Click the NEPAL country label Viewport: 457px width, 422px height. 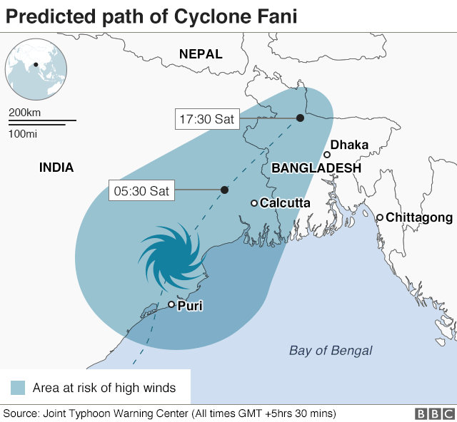[x=201, y=53]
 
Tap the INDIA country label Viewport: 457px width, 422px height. [x=56, y=168]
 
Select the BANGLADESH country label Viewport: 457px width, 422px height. [x=316, y=168]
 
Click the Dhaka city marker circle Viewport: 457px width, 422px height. [x=327, y=155]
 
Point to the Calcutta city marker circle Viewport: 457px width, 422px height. [x=253, y=203]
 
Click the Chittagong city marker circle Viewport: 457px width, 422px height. [x=380, y=217]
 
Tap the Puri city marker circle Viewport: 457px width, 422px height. [x=171, y=304]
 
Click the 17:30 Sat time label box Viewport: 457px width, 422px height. [x=207, y=119]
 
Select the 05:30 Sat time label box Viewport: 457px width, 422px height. [x=141, y=190]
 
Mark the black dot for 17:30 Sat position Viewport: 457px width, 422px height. [x=300, y=118]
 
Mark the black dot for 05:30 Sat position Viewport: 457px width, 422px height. [x=224, y=190]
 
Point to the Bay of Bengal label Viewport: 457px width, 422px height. [x=331, y=350]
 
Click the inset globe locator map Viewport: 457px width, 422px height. [x=36, y=71]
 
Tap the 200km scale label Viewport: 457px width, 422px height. [x=24, y=113]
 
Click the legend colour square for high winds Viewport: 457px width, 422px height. [x=18, y=388]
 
